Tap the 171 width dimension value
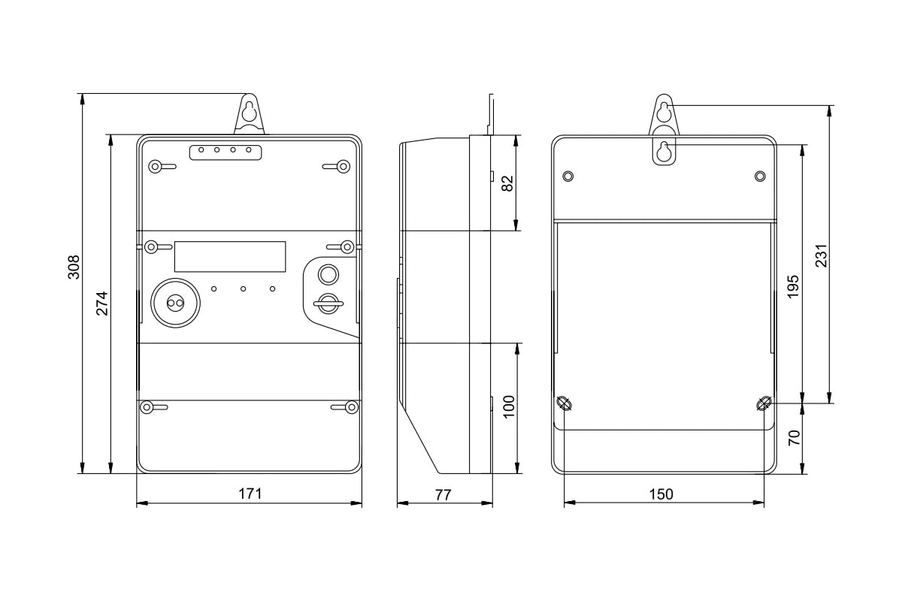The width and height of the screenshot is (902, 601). (x=250, y=494)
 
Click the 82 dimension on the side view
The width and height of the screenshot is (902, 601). (x=507, y=183)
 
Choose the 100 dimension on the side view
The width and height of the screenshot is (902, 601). (x=509, y=406)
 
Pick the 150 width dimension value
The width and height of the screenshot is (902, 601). (x=662, y=494)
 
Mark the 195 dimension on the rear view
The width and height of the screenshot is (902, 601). (x=793, y=286)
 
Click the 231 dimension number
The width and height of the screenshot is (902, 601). (x=821, y=255)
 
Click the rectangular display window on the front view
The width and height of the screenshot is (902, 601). (x=230, y=256)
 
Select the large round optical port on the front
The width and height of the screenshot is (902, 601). (x=177, y=303)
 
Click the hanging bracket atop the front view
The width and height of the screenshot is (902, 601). (x=250, y=115)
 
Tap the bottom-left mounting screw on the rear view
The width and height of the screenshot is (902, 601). (x=565, y=403)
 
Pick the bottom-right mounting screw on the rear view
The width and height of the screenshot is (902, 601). (x=764, y=403)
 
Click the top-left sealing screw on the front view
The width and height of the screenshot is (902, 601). (x=155, y=166)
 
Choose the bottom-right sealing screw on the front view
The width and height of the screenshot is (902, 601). (x=351, y=407)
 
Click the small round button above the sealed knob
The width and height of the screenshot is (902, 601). (x=328, y=272)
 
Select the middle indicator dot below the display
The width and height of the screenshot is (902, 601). (x=244, y=288)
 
